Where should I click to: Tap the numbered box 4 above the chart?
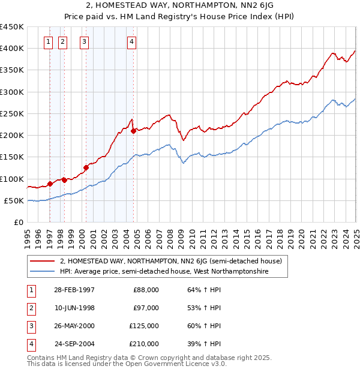pos(131,41)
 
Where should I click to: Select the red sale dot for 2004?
pos(133,131)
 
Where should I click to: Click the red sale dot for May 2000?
pos(86,167)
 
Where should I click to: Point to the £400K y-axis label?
pos(12,49)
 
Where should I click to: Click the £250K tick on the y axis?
pos(12,113)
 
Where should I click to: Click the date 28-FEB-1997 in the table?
pos(74,290)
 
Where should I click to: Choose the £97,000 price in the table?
pos(146,308)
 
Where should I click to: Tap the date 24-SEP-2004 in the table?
pos(75,344)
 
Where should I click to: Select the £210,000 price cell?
pos(144,344)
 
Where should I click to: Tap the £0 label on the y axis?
pos(18,222)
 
